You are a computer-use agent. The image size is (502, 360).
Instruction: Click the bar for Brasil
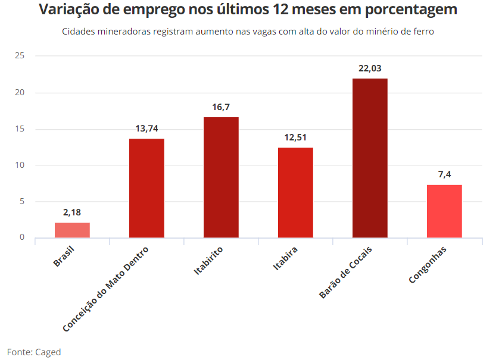pos(72,230)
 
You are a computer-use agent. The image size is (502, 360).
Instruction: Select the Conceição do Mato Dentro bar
pos(146,188)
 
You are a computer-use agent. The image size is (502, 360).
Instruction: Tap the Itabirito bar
pos(221,177)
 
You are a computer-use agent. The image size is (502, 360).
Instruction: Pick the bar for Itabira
pos(295,193)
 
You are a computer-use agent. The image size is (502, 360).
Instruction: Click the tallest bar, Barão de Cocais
pos(370,158)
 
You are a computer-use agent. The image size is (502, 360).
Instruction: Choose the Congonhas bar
pos(444,211)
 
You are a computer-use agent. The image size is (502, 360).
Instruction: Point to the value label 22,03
pos(370,68)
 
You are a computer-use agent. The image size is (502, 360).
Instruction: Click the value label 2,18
pos(72,212)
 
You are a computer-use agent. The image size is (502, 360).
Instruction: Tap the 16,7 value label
pos(221,107)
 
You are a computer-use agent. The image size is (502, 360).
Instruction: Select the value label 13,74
pos(146,129)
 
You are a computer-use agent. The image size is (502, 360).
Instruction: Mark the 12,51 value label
pos(295,137)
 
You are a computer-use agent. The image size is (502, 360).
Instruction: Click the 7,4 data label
pos(444,175)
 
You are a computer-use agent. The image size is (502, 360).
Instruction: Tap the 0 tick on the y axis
pos(22,237)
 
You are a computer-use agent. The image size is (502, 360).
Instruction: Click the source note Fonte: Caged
pos(34,352)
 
